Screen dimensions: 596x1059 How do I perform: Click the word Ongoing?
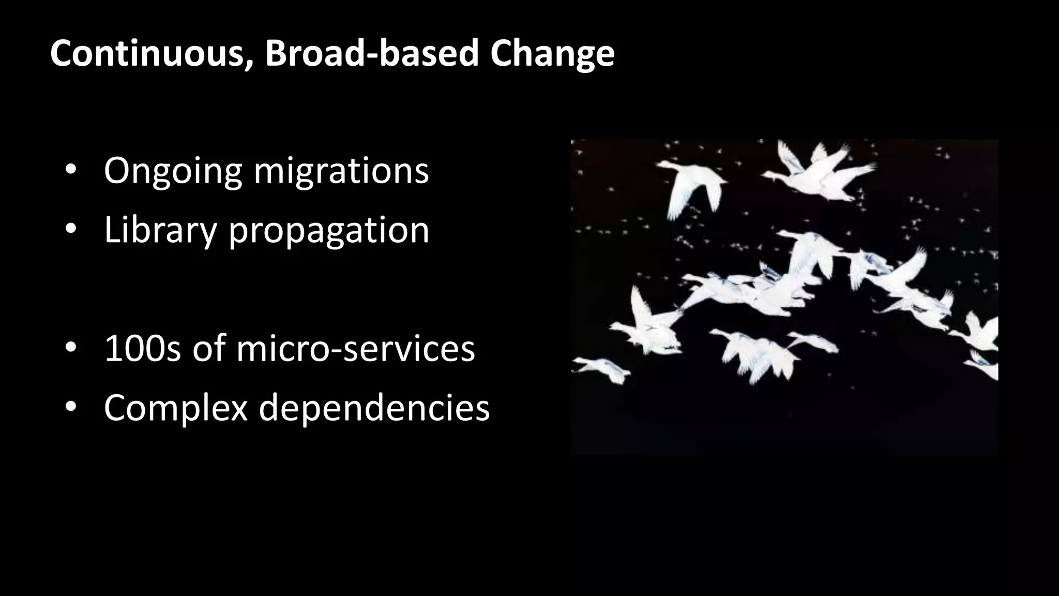click(x=173, y=172)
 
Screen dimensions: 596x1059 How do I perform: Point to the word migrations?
click(x=341, y=171)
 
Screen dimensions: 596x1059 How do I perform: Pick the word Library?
click(x=160, y=231)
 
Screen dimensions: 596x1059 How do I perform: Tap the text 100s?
click(x=143, y=349)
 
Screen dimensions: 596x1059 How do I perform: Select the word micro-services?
click(x=356, y=349)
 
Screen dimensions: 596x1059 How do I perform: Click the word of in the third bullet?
click(x=209, y=349)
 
